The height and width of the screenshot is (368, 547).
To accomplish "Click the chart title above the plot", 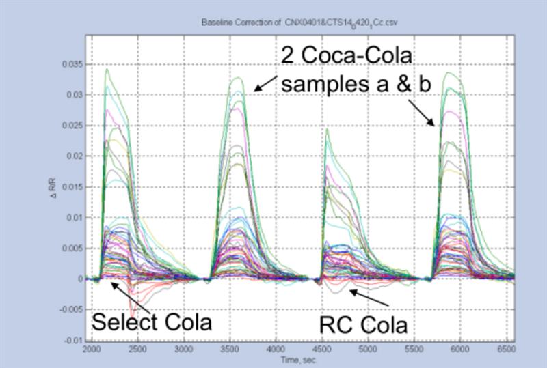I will coord(299,23).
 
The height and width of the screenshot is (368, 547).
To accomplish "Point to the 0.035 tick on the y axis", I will coord(72,64).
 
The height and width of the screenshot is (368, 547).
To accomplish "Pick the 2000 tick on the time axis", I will coord(91,349).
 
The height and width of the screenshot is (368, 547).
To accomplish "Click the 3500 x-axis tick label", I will coord(229,349).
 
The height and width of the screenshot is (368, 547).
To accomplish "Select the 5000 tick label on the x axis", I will coord(368,349).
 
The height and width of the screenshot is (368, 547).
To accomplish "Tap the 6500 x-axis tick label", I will coord(505,349).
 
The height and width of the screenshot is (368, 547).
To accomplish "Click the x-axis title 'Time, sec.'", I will coord(298,359).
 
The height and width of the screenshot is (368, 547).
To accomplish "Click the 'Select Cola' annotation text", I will coord(151,321).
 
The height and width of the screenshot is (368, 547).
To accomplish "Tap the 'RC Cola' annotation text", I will coord(363,324).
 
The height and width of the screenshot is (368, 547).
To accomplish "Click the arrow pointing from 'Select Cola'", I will coord(127,296).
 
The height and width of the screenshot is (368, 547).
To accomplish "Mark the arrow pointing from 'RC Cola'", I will coord(369,298).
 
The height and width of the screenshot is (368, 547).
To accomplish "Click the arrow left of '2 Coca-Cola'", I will coord(266,83).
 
